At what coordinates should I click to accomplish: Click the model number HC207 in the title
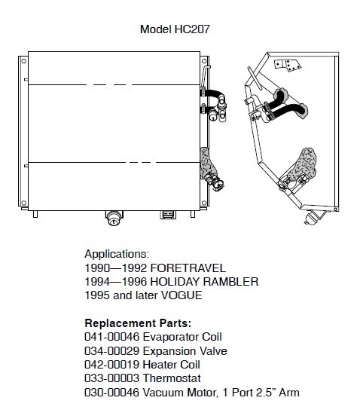(192, 29)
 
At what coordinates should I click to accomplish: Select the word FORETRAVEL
(188, 268)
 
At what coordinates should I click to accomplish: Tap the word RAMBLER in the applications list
(230, 282)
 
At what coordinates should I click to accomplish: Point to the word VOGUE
(182, 295)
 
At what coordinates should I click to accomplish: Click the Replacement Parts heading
(138, 323)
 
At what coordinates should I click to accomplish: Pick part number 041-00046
(112, 337)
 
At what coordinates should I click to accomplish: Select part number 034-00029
(112, 351)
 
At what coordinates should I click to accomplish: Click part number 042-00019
(112, 365)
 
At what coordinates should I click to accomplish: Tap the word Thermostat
(172, 378)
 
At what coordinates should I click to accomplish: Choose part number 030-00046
(112, 393)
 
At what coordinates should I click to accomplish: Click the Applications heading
(117, 254)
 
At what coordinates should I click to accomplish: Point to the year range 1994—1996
(115, 282)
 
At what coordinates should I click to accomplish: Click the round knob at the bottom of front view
(114, 218)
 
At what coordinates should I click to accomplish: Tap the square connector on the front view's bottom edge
(168, 215)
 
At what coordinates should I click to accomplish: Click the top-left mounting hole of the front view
(23, 61)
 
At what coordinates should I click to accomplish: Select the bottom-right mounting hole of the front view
(204, 203)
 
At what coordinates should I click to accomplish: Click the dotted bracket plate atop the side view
(288, 66)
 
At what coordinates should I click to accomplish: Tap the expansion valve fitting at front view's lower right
(215, 182)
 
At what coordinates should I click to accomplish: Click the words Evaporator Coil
(182, 337)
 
